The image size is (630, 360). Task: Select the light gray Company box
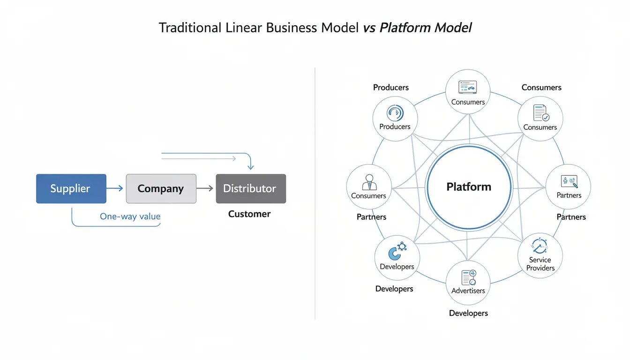tap(161, 189)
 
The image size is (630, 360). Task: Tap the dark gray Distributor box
tap(250, 189)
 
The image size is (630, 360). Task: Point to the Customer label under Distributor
tap(249, 214)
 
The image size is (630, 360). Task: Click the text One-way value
tap(130, 217)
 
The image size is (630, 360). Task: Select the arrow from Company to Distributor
tap(205, 188)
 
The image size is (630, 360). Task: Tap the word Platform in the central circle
tap(468, 187)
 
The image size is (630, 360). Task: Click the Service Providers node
tap(540, 256)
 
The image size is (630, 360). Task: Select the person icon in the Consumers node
tap(368, 181)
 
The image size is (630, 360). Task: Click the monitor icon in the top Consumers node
tap(467, 87)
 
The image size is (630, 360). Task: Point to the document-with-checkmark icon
tap(540, 113)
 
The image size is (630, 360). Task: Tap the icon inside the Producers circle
tap(395, 113)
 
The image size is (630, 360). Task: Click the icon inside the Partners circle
tap(569, 182)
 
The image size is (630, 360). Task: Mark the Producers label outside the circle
tap(390, 88)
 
